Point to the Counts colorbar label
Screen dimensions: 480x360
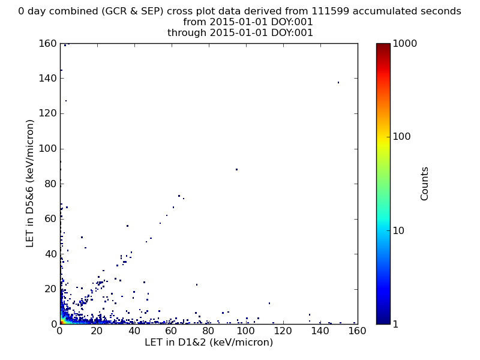click(424, 184)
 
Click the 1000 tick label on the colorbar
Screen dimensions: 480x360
click(404, 43)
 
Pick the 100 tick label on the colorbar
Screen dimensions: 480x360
click(401, 137)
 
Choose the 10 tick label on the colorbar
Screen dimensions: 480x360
click(398, 230)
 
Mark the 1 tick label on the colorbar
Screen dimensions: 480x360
click(395, 324)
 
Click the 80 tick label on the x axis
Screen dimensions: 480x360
click(208, 331)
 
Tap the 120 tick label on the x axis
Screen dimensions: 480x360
click(283, 331)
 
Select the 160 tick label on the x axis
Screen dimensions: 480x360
click(357, 331)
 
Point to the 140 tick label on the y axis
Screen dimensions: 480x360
click(48, 79)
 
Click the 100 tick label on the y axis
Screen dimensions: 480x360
click(48, 149)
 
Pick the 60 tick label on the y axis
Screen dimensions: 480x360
click(51, 219)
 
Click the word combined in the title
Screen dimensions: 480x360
click(73, 11)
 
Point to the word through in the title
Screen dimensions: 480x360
click(187, 32)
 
